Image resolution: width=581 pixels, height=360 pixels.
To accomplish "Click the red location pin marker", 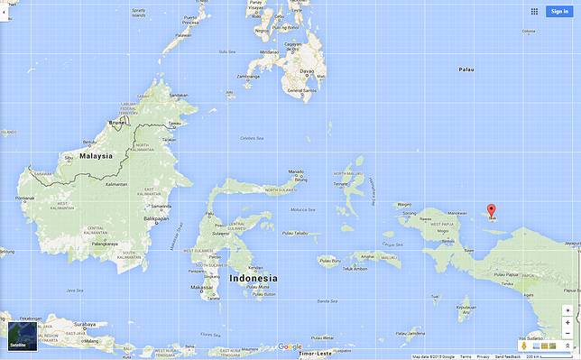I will pyautogui.click(x=492, y=211).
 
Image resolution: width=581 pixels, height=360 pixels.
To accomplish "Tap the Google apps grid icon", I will pyautogui.click(x=534, y=12).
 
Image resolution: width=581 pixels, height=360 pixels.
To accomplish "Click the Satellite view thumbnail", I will pyautogui.click(x=19, y=331).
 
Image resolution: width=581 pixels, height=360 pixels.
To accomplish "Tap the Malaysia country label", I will pyautogui.click(x=96, y=155).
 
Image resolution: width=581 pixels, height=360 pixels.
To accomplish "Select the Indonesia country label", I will pyautogui.click(x=254, y=278).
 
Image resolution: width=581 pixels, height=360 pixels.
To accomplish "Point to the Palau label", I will pyautogui.click(x=466, y=69).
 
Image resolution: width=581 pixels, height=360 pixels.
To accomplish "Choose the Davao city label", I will pyautogui.click(x=308, y=69).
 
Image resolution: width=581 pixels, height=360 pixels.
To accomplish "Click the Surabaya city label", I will pyautogui.click(x=86, y=323).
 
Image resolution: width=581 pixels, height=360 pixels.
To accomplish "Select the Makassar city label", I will pyautogui.click(x=202, y=288).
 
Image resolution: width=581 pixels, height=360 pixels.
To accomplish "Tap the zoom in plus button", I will pyautogui.click(x=567, y=310).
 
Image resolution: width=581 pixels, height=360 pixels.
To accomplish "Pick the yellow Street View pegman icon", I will pyautogui.click(x=523, y=346).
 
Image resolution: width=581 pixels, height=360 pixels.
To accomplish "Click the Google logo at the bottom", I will pyautogui.click(x=290, y=346).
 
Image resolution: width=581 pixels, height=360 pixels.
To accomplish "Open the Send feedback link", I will pyautogui.click(x=507, y=356).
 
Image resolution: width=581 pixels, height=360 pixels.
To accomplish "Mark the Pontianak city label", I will pyautogui.click(x=25, y=198).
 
